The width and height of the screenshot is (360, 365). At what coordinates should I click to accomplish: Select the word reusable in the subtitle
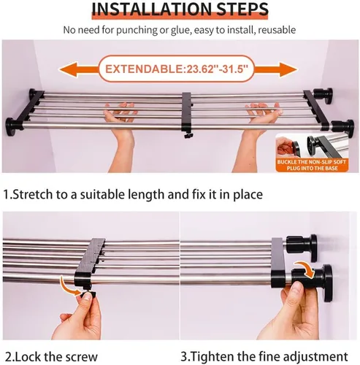pos(277,30)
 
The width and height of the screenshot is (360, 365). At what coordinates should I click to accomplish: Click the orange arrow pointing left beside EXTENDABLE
pos(79,69)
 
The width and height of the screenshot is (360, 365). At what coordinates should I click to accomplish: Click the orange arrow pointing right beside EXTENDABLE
pos(276,69)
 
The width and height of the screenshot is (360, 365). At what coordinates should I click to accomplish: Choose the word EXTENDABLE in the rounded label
pos(144,69)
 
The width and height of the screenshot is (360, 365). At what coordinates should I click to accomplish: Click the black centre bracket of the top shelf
pos(187,113)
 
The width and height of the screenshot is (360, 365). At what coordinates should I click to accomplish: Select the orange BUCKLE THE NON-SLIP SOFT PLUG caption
pos(313,165)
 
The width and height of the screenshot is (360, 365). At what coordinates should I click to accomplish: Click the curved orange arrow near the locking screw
pos(69,285)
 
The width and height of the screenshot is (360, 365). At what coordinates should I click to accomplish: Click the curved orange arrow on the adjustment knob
pos(305,269)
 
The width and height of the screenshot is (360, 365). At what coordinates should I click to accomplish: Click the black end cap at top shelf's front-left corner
pos(13,125)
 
